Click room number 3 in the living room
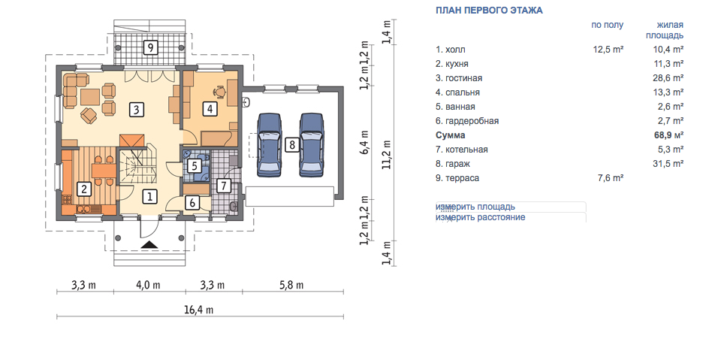[x=137, y=110]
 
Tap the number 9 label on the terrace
[x=150, y=47]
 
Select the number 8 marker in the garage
[x=293, y=145]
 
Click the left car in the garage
[x=269, y=144]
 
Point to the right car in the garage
[x=311, y=144]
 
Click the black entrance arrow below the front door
[x=150, y=245]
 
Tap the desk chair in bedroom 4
[x=220, y=92]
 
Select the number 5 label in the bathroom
[x=195, y=166]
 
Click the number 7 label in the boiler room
[x=223, y=185]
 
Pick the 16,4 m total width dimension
[x=198, y=310]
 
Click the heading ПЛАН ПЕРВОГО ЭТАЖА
[x=489, y=10]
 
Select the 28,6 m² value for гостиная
[x=668, y=78]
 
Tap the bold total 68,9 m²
[x=668, y=135]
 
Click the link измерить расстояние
[x=481, y=217]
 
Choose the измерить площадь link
[x=475, y=207]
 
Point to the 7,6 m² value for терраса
[x=610, y=178]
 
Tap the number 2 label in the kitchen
[x=84, y=189]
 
